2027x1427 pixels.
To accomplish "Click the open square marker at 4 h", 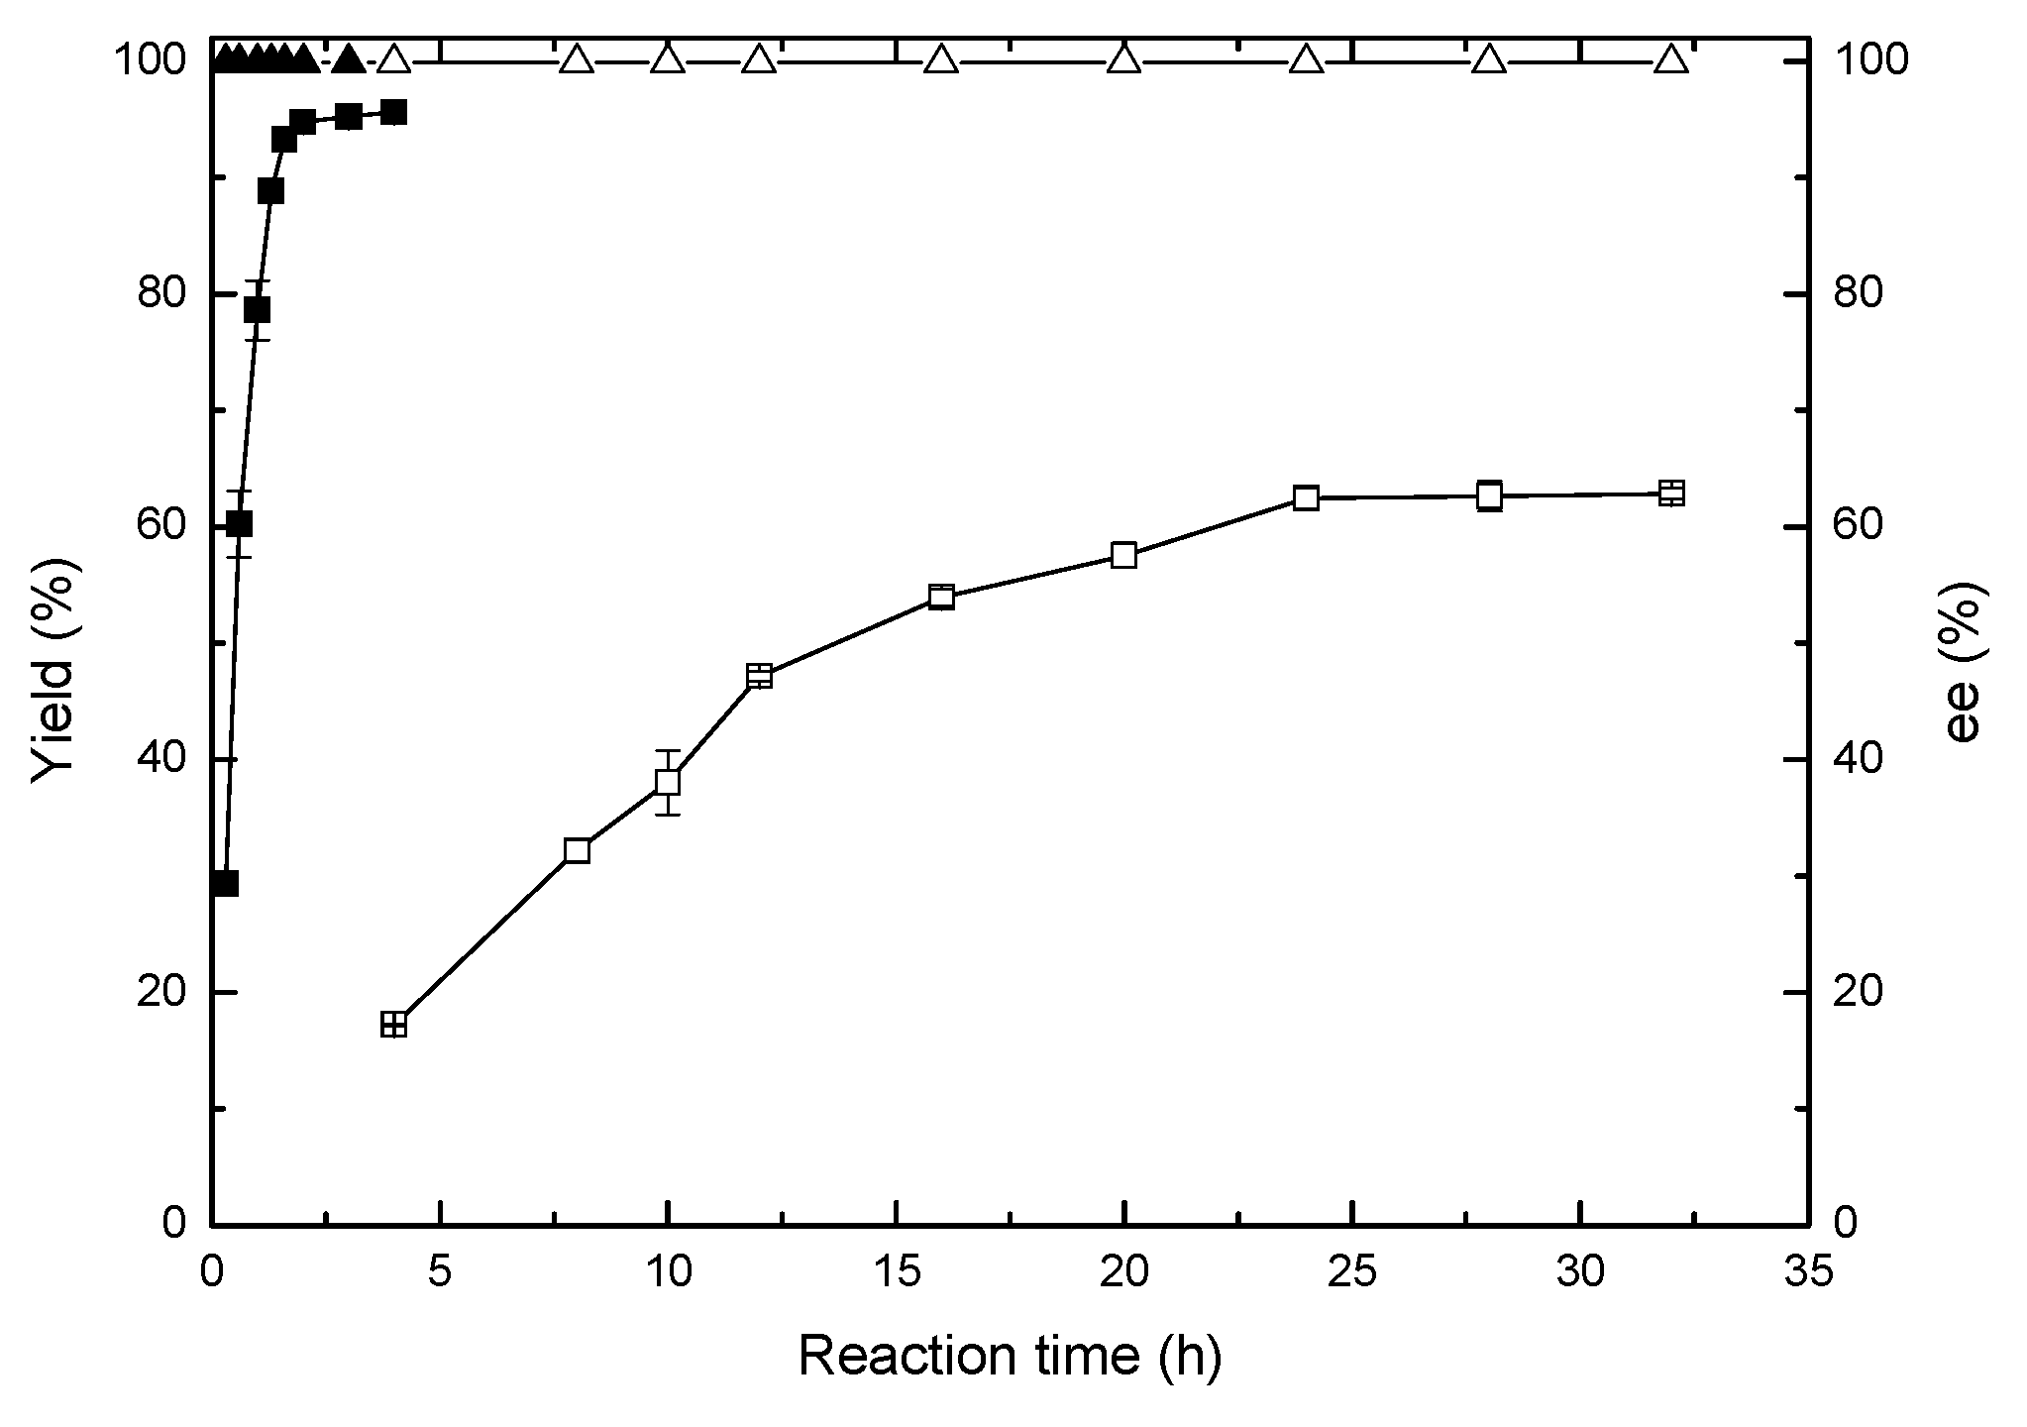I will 394,1025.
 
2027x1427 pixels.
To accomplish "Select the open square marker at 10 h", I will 668,782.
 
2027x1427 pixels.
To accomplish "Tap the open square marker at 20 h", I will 1123,555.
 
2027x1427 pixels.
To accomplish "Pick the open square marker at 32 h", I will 1671,493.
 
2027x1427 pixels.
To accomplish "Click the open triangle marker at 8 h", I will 577,59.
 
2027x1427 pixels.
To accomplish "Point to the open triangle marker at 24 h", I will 1307,59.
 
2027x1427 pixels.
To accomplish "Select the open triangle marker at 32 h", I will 1671,59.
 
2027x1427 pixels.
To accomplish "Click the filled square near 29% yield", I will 225,883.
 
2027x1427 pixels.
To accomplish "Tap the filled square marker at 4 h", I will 394,112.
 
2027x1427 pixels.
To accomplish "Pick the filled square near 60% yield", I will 239,523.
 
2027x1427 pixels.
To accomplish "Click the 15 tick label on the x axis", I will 896,1272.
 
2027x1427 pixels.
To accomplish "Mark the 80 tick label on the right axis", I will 1860,294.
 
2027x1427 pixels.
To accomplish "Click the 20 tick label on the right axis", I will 1860,992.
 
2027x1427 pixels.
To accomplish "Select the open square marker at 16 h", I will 941,597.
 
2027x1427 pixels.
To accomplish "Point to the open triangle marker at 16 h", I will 941,59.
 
